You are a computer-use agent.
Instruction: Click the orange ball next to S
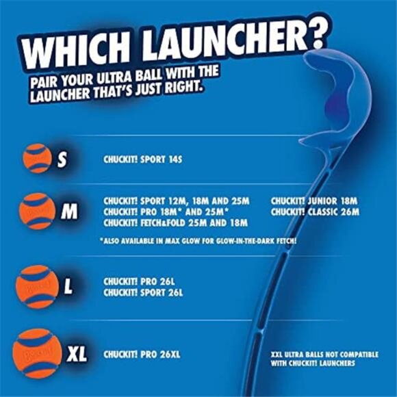click(x=37, y=158)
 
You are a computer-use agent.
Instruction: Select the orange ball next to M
click(x=38, y=211)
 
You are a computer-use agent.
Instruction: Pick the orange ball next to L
click(x=37, y=287)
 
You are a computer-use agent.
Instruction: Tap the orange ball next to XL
click(x=38, y=354)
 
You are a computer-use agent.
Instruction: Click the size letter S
click(x=62, y=160)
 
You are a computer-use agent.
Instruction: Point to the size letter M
click(x=68, y=212)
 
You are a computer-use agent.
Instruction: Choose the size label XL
click(x=77, y=355)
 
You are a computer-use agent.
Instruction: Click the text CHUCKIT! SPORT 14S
click(x=143, y=159)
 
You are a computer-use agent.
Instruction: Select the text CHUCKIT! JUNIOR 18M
click(x=314, y=201)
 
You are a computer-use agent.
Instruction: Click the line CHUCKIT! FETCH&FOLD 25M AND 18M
click(x=175, y=222)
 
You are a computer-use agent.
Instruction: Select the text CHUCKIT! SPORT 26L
click(x=143, y=292)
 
